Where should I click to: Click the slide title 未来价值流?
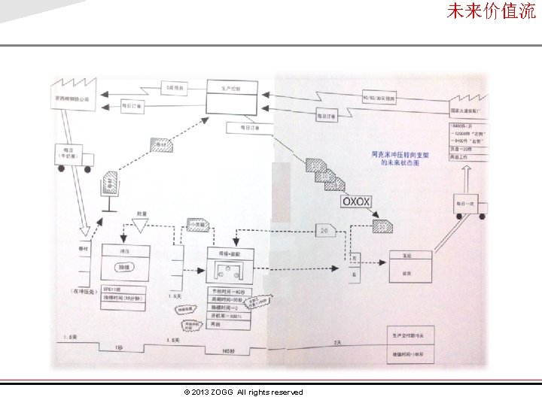491,11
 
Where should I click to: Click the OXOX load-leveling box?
356,201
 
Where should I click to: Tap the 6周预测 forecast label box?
174,88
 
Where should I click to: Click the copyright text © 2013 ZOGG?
242,392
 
